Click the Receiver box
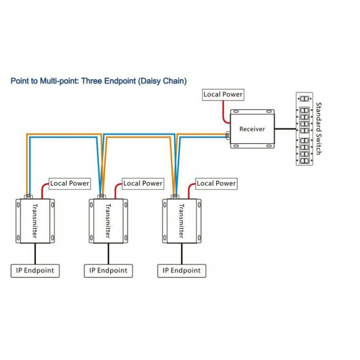(252, 129)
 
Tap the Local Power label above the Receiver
(223, 94)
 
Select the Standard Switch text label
(318, 129)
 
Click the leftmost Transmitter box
(36, 220)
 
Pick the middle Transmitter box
(108, 220)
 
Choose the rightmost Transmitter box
(182, 220)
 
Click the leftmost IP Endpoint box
(35, 270)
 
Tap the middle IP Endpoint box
(108, 270)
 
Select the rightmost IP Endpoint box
(182, 270)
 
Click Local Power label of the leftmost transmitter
(69, 183)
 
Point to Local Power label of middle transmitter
(143, 183)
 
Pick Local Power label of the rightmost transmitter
(216, 183)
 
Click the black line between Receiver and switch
(285, 129)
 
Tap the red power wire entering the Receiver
(223, 112)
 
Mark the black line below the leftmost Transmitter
(35, 254)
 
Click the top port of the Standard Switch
(305, 99)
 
